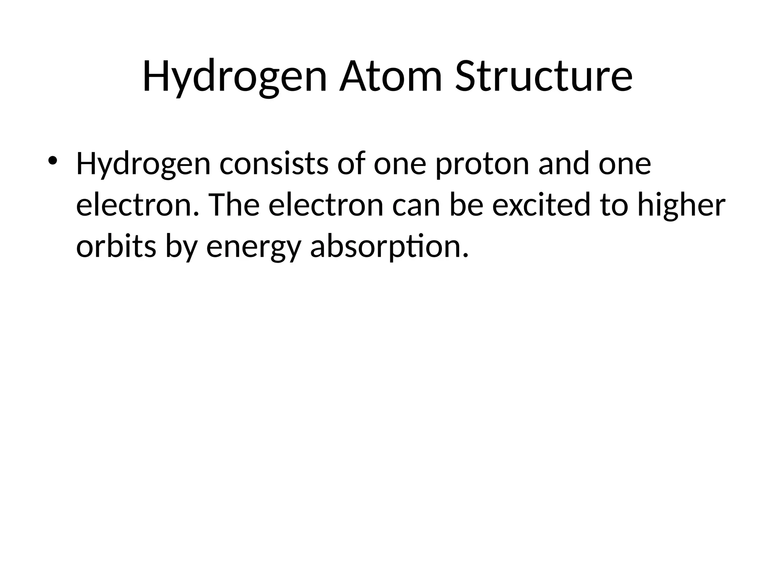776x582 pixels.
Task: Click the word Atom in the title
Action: click(391, 77)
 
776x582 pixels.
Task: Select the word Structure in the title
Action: click(544, 77)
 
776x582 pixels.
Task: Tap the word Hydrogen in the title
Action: click(235, 77)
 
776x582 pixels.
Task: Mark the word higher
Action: click(681, 205)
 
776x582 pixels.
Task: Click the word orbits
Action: click(116, 247)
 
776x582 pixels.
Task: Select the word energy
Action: click(253, 247)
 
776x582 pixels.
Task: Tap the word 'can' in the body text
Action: click(416, 205)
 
